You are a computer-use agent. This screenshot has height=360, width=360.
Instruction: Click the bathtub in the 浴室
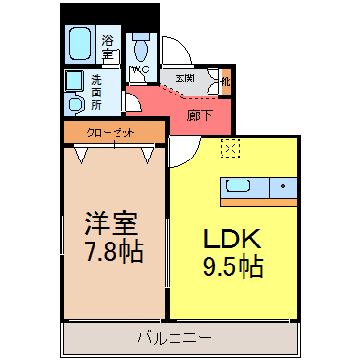(79, 44)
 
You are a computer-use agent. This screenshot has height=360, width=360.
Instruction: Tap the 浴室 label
(108, 47)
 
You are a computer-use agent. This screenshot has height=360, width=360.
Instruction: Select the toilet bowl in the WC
(140, 50)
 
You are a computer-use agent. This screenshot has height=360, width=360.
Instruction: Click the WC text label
(139, 70)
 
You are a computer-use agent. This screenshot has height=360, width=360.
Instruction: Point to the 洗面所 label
(96, 93)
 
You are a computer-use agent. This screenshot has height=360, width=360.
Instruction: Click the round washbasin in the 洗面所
(75, 104)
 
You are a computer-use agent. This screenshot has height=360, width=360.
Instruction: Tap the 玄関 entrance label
(185, 78)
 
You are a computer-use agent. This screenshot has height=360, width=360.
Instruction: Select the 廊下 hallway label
(200, 116)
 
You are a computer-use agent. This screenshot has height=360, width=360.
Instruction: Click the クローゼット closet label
(111, 133)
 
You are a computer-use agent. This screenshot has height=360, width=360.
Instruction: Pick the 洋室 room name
(111, 223)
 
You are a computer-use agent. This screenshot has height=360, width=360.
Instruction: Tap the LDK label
(232, 240)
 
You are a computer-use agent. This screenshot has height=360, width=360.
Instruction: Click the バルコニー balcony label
(174, 337)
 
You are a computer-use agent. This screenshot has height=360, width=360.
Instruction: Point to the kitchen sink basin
(238, 185)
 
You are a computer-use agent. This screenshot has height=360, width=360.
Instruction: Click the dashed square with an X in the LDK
(230, 148)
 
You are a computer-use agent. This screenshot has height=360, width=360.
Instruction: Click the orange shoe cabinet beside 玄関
(226, 82)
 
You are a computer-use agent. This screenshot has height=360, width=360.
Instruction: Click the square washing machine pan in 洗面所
(74, 80)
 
